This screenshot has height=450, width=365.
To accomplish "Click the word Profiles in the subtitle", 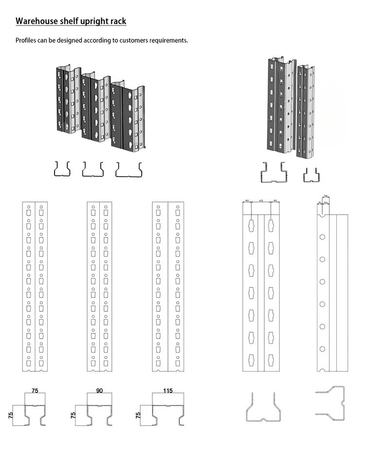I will click(x=27, y=40).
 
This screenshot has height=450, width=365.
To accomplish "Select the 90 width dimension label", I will click(x=100, y=391).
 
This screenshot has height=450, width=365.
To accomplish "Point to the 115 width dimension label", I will click(x=168, y=391).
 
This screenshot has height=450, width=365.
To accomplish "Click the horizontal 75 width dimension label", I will click(x=35, y=391).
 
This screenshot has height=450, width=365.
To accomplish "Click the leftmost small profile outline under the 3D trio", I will click(x=62, y=168).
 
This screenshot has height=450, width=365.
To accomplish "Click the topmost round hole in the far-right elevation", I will click(x=322, y=237).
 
